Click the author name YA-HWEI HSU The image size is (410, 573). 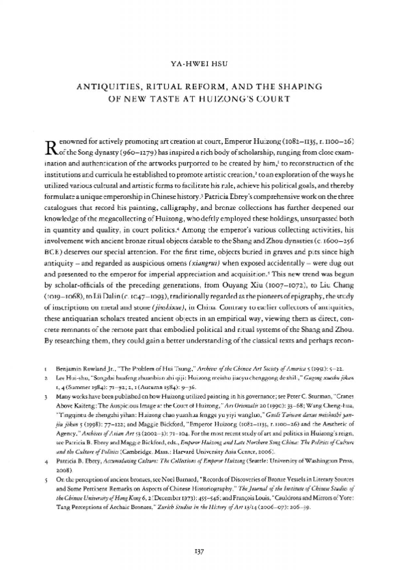click(205, 67)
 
